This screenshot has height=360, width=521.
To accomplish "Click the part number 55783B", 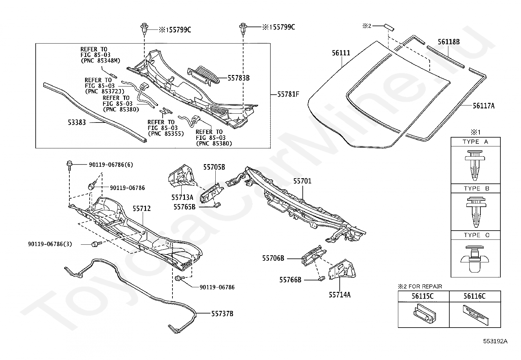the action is pos(238,78).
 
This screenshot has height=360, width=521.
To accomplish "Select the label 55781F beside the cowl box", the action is pos(288,94).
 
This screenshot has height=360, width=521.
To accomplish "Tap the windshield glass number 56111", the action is pos(341,53).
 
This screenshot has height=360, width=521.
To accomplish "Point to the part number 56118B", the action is pos(449,42).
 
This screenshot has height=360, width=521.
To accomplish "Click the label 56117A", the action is pos(484,106).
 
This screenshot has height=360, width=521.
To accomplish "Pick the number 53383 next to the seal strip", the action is pos(77,123).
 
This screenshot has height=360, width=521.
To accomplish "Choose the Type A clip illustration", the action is pos(475,165).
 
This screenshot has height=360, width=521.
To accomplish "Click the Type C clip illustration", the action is pos(475,259).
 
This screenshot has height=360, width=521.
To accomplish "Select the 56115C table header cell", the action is pos(423,296).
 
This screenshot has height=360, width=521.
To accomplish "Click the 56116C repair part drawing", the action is pos(476,315).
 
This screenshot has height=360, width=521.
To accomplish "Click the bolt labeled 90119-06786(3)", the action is pos(96,244).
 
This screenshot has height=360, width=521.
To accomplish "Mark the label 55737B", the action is pos(222,314).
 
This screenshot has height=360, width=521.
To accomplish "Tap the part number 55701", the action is pos(302,181).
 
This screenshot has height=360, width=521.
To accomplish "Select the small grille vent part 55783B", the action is pos(204,76).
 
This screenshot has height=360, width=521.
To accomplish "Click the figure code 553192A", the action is pos(495,341).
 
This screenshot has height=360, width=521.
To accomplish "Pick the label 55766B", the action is pos(290,280).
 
